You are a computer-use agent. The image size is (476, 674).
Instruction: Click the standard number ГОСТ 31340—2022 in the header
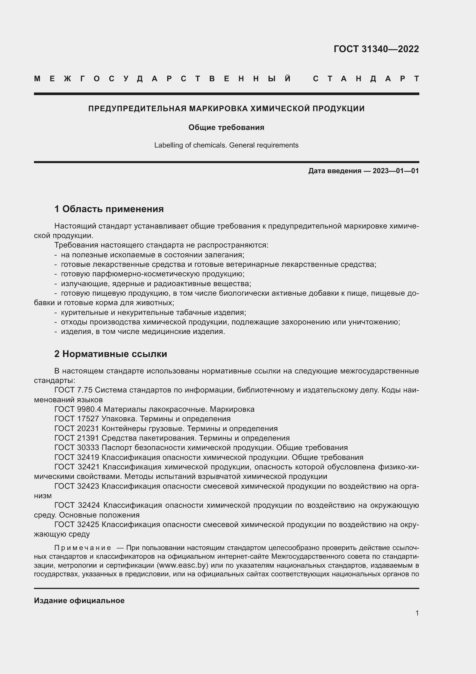[x=376, y=49]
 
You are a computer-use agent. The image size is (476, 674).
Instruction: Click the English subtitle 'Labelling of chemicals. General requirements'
[x=226, y=145]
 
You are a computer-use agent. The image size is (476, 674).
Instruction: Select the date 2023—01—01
[x=396, y=171]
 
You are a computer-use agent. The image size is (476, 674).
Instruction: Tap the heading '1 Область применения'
[x=109, y=209]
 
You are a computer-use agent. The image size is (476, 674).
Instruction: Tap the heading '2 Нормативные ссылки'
[x=111, y=354]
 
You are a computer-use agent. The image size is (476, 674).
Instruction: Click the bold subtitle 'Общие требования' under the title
[x=226, y=127]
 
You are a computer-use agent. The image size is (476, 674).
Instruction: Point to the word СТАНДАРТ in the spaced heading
[x=366, y=79]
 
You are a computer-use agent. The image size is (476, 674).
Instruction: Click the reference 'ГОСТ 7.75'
[x=73, y=390]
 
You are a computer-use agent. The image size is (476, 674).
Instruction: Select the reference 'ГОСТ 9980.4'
[x=78, y=409]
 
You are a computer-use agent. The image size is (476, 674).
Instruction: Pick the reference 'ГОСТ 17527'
[x=77, y=419]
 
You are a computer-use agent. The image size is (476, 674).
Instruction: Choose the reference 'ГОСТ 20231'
[x=77, y=428]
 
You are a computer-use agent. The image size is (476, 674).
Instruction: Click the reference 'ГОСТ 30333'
[x=77, y=448]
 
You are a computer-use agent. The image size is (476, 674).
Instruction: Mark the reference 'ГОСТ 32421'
[x=77, y=467]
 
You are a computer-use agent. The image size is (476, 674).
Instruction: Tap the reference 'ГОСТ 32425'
[x=77, y=524]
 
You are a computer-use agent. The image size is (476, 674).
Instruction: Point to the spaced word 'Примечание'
[x=83, y=548]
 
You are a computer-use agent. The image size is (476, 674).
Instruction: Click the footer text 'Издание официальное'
[x=79, y=601]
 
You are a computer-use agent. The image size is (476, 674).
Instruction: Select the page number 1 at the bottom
[x=417, y=613]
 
